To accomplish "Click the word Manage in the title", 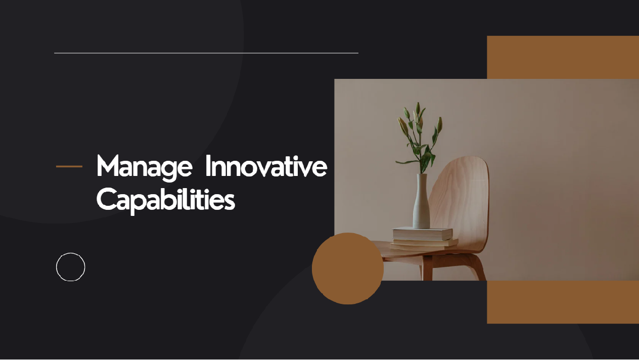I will tap(144, 166).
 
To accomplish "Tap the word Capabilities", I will tap(165, 200).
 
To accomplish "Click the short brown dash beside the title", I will tap(69, 166).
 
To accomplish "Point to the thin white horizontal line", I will tap(206, 53).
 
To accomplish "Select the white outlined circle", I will tap(70, 267).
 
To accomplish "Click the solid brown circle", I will tap(347, 268).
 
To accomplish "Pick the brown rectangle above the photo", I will tap(563, 57).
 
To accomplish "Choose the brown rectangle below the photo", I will tap(563, 302).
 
